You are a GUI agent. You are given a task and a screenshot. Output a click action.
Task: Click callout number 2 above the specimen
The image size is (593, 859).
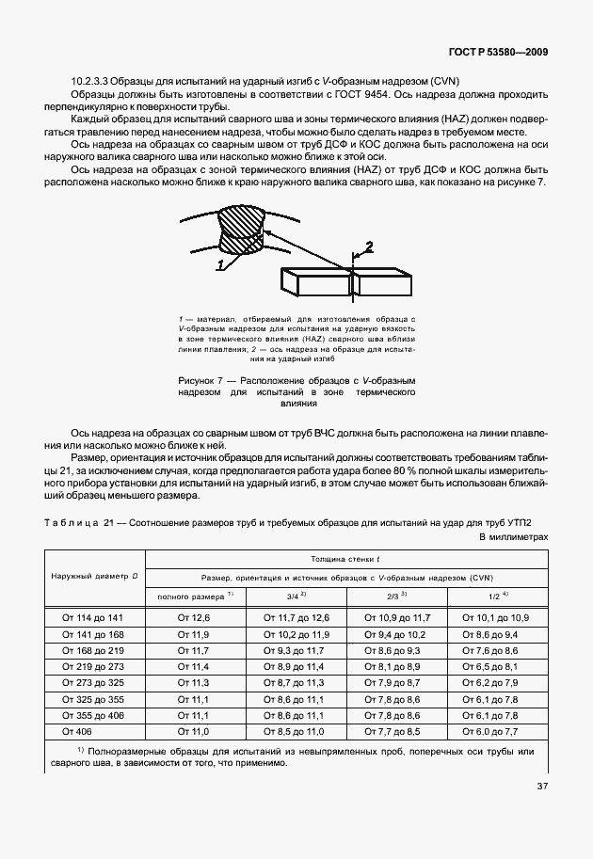tap(369, 247)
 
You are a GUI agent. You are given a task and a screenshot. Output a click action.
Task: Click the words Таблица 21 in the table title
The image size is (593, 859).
tap(73, 522)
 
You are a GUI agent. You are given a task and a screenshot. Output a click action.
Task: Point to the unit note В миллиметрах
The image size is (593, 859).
tap(513, 537)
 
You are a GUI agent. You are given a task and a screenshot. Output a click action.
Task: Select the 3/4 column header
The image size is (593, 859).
tap(293, 597)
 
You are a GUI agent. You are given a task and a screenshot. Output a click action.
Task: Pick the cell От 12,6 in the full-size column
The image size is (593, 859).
tap(193, 618)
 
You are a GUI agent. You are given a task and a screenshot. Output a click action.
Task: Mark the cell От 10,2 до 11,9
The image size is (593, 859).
tap(295, 634)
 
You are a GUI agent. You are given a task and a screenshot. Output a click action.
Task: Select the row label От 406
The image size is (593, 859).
tap(75, 730)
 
